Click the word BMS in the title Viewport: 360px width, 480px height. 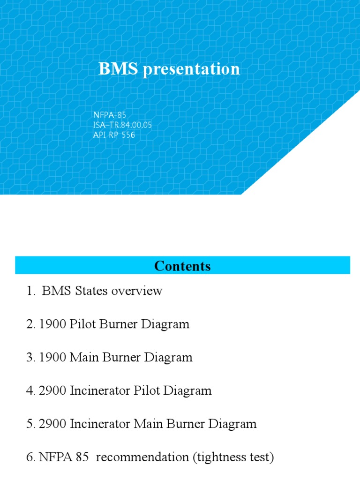[x=118, y=69]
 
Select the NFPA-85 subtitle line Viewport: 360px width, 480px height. [x=110, y=114]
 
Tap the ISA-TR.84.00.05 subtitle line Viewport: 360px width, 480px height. [x=122, y=125]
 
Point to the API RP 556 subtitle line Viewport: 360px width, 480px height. [x=114, y=135]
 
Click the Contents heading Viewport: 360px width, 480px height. [x=182, y=266]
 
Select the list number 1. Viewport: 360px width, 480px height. [x=30, y=291]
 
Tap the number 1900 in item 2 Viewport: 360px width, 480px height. [x=51, y=324]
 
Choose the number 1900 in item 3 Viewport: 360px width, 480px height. [x=51, y=358]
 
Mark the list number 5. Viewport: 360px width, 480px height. [x=29, y=424]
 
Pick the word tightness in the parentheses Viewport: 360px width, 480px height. [x=218, y=457]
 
